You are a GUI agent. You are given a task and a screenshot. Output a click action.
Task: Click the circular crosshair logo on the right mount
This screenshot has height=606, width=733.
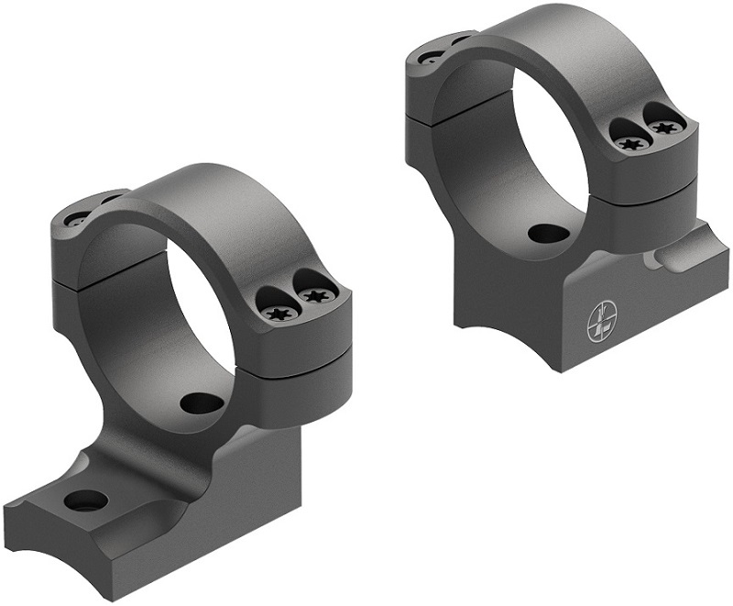pos(600,319)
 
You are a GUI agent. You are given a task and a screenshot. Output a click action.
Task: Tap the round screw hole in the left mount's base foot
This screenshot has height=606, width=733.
pos(86,501)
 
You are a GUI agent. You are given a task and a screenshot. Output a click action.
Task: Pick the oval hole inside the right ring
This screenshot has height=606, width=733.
pos(547,233)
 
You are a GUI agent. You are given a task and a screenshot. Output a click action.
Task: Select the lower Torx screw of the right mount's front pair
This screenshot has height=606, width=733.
pos(629,143)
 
